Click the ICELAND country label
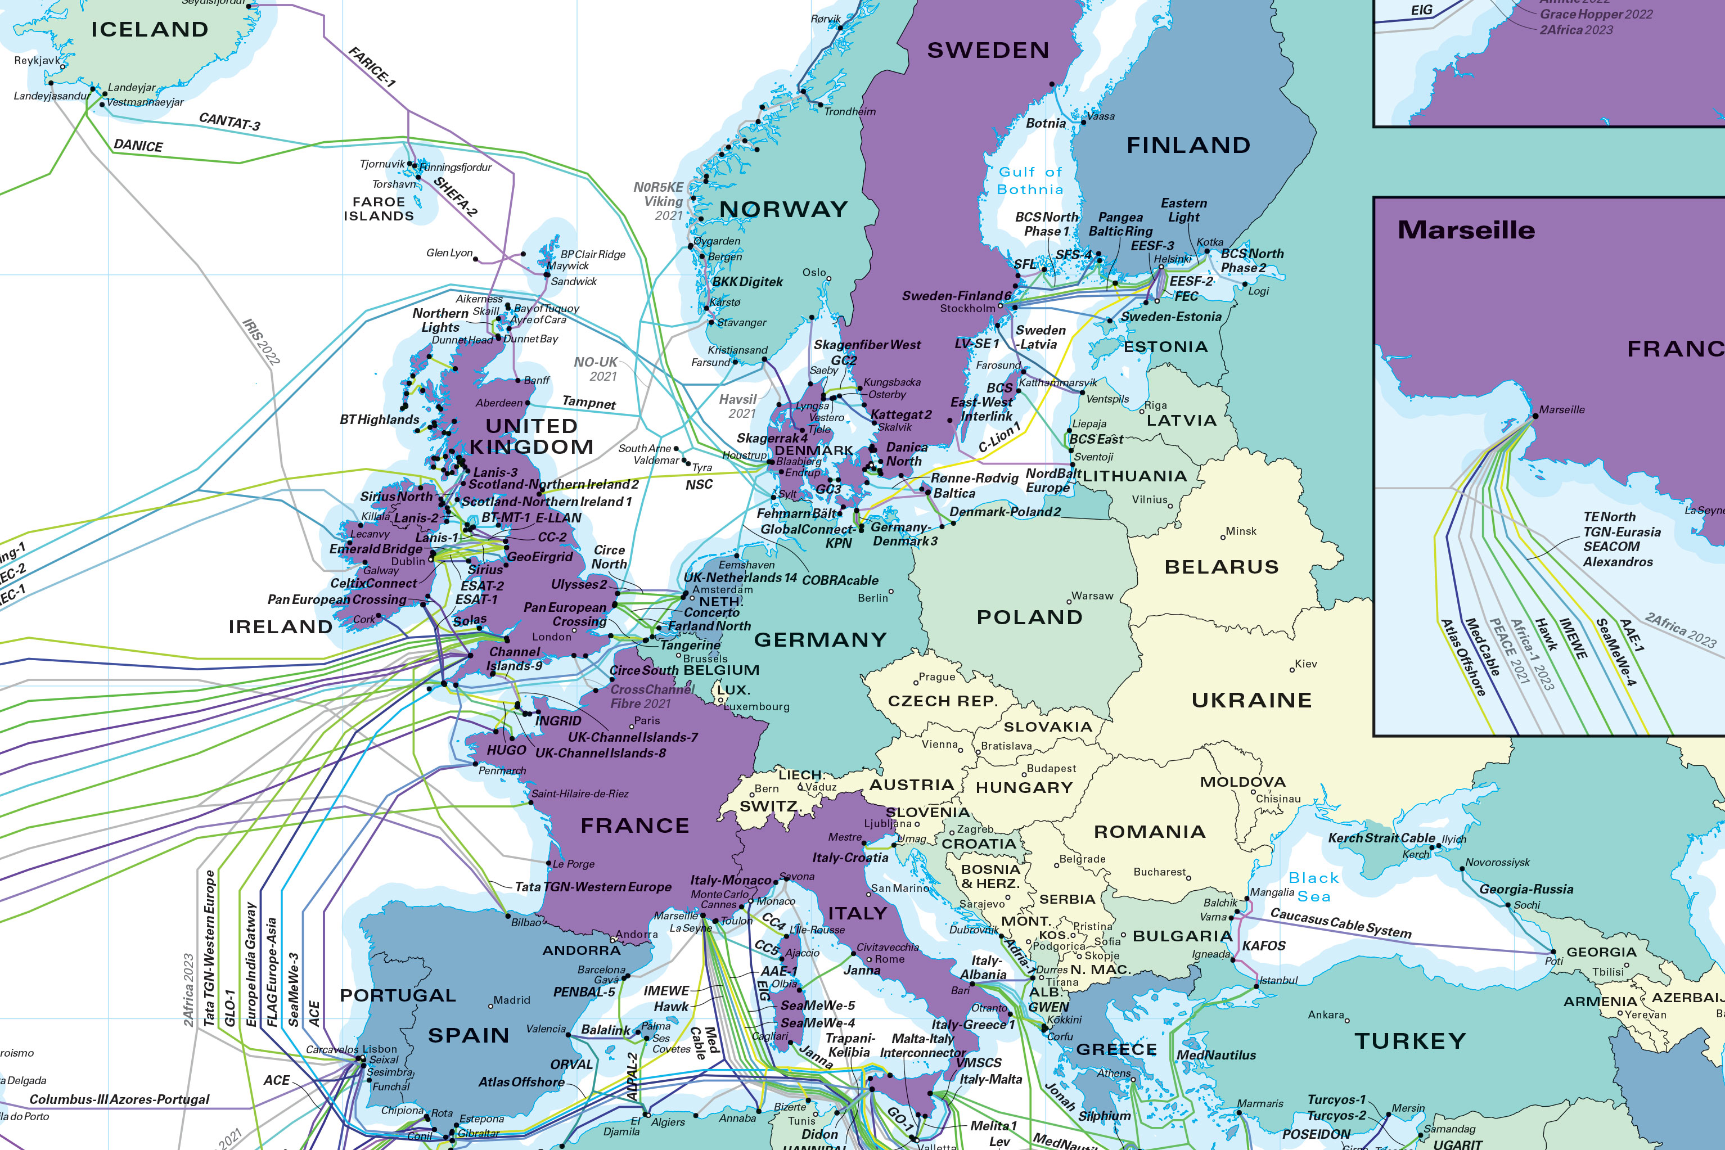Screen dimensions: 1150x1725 pos(150,29)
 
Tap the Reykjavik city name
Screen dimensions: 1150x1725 pos(37,60)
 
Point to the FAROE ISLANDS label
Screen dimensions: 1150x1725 pos(379,209)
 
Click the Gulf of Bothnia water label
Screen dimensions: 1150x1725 pos(1030,181)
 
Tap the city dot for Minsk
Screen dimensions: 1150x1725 pos(1223,538)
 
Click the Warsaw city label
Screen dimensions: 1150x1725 pos(1092,596)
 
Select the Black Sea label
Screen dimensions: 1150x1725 pos(1313,887)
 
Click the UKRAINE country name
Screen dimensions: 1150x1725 pos(1251,701)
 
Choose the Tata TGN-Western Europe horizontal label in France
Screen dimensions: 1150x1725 pos(593,887)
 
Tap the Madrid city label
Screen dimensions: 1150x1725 pos(511,1000)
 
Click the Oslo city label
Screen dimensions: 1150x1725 pos(813,272)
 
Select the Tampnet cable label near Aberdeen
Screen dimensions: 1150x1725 pos(588,402)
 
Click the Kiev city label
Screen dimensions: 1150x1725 pos(1305,664)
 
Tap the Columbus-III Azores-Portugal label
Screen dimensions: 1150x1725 pos(119,1099)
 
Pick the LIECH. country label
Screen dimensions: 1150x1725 pos(801,774)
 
